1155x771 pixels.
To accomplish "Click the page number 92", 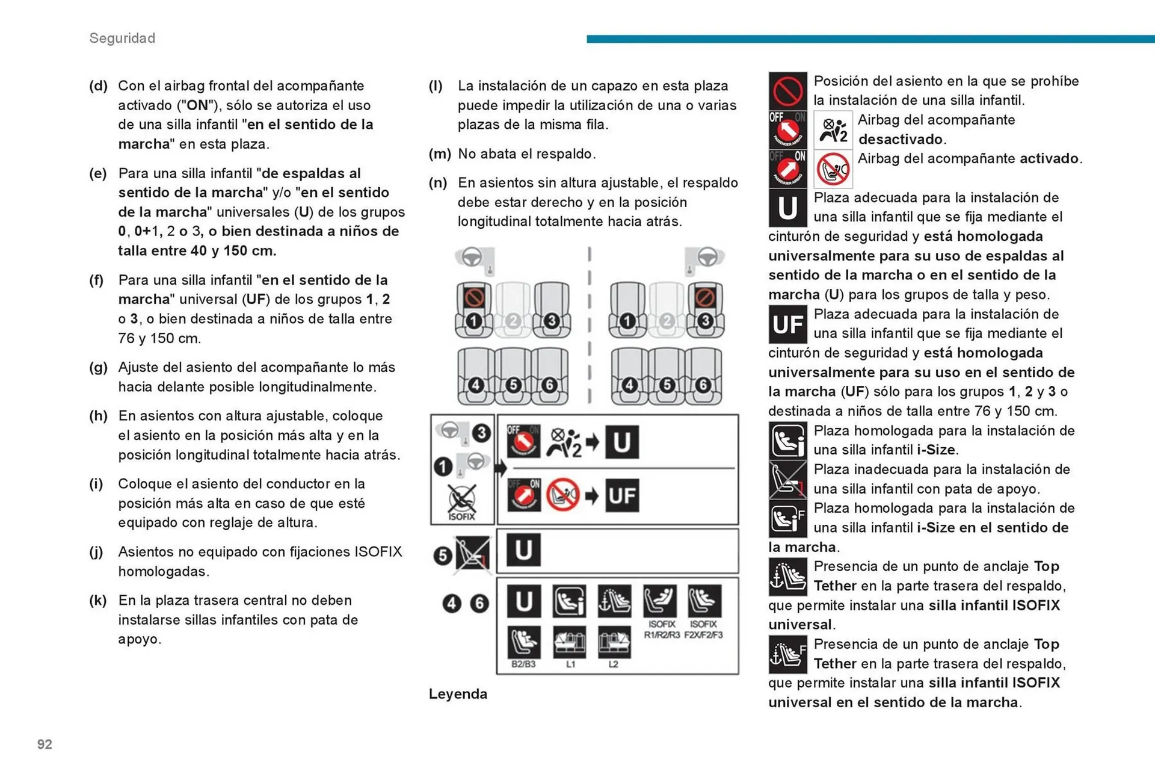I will point(45,745).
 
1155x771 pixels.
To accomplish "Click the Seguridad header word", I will point(122,38).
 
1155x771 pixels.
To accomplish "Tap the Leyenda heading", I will point(458,694).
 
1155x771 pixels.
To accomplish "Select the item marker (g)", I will point(98,367).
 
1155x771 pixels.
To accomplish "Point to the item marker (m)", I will point(439,154).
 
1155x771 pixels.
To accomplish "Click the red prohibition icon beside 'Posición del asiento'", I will point(787,91).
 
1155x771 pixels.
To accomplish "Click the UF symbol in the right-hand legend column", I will point(787,324).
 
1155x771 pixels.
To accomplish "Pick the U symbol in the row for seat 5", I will point(523,550).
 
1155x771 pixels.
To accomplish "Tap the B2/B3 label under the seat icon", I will point(523,664).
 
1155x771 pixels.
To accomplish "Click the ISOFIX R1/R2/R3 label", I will point(661,630).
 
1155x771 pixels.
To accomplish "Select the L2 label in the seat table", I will point(613,664).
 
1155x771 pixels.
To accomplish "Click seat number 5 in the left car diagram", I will point(513,385).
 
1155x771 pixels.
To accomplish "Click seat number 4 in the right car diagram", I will point(629,385).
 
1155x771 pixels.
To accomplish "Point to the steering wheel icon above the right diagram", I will point(707,256).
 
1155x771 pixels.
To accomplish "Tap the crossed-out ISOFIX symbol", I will point(461,501).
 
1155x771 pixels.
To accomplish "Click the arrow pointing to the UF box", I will point(592,496).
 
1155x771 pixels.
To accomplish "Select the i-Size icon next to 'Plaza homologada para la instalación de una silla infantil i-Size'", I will point(787,441).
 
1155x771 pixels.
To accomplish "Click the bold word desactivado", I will point(901,140).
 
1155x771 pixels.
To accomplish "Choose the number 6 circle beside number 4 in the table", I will point(479,603).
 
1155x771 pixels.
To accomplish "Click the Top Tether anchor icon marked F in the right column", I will point(787,654).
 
